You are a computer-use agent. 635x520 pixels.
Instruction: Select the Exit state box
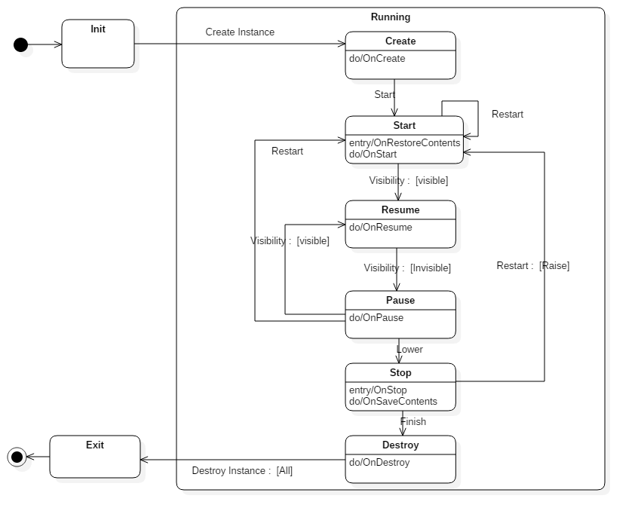point(95,457)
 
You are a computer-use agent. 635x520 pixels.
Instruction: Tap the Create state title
point(400,41)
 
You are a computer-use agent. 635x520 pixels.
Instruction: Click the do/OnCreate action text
point(377,59)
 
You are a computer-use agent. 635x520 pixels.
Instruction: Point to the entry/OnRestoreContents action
point(404,142)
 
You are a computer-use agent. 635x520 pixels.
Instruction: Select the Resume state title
point(400,210)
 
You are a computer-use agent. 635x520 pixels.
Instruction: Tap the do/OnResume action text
point(381,228)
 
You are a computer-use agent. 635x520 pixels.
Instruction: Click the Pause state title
point(400,301)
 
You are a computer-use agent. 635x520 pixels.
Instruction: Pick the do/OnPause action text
point(376,318)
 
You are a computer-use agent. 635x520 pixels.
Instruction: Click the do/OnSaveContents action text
point(393,402)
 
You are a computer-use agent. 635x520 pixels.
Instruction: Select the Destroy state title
point(400,445)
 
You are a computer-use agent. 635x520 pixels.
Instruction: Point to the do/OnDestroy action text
point(379,463)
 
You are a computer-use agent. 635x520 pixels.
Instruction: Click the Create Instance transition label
point(240,32)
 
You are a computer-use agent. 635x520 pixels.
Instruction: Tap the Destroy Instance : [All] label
point(242,471)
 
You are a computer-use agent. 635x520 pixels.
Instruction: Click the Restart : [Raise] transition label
point(533,266)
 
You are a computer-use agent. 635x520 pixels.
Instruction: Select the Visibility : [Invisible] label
point(407,268)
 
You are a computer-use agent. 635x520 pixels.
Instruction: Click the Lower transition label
point(410,350)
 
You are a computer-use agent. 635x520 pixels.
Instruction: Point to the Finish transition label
point(413,422)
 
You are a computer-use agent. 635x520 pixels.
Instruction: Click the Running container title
point(391,17)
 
